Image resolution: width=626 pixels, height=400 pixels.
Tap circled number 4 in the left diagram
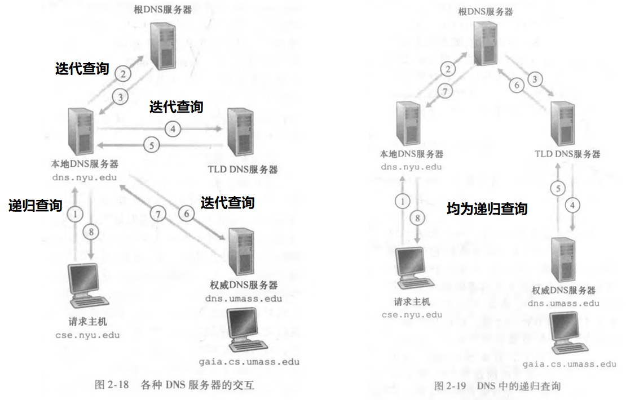(x=173, y=129)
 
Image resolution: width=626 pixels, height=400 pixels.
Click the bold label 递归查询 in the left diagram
(x=35, y=206)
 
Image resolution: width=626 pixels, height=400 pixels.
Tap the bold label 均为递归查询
(x=487, y=209)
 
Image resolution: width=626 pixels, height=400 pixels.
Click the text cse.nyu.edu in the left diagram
(x=87, y=335)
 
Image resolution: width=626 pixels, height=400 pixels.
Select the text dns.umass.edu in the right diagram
(x=563, y=303)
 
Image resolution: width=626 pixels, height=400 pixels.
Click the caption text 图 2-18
(x=112, y=385)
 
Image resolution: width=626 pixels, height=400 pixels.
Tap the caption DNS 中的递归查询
(x=518, y=386)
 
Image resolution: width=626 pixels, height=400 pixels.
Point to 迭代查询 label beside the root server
(x=81, y=69)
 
